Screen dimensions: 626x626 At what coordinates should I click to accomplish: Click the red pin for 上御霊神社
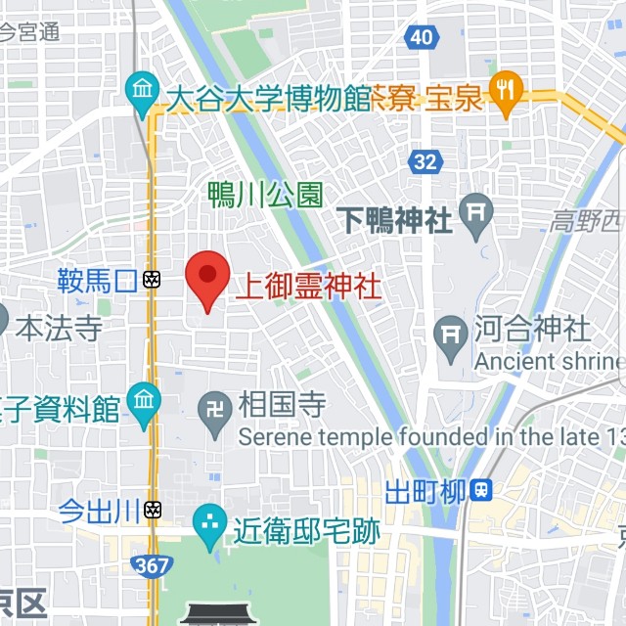(x=207, y=277)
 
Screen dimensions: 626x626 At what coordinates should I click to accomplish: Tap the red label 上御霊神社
(x=307, y=287)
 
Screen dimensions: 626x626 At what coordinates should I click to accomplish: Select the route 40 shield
(x=421, y=37)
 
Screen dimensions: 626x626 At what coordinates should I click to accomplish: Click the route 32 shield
(x=425, y=161)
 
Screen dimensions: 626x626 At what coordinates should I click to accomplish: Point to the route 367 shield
(x=154, y=564)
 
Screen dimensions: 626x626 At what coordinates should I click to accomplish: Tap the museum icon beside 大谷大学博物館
(x=143, y=93)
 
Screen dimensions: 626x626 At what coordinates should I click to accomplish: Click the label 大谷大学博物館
(x=268, y=99)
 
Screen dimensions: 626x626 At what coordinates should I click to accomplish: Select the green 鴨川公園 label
(x=265, y=195)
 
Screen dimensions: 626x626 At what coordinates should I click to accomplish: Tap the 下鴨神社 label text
(x=394, y=219)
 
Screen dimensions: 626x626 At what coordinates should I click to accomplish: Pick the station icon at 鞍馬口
(x=152, y=281)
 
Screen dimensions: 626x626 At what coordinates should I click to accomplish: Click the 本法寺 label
(x=60, y=326)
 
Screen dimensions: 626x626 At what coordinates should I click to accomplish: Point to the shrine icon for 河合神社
(x=451, y=333)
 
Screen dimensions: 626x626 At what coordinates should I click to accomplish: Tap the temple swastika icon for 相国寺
(x=215, y=406)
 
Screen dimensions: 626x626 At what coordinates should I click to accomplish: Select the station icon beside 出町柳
(x=480, y=489)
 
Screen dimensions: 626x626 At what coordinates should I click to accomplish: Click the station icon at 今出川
(x=152, y=510)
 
